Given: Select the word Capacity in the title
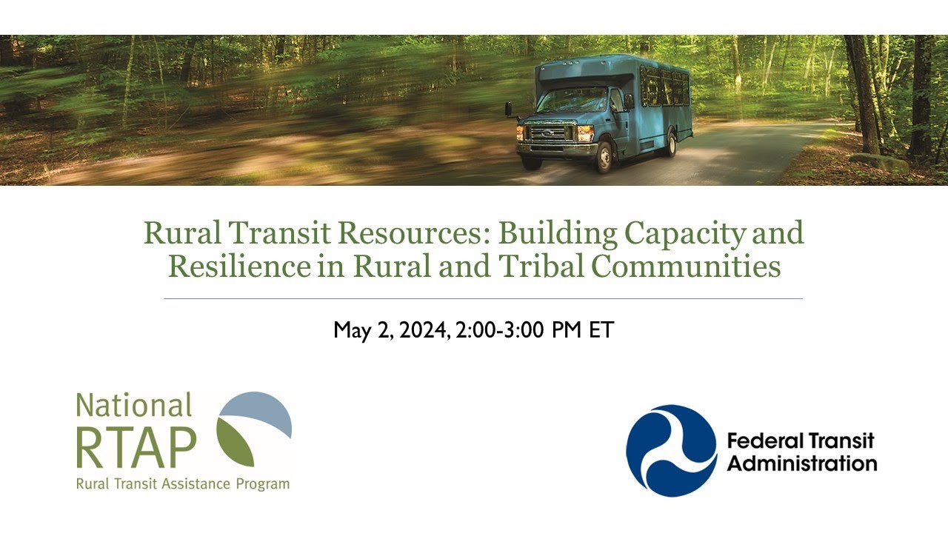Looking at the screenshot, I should click(685, 233).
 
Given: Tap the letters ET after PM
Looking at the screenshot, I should click(601, 330).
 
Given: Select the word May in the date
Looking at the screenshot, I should click(353, 330).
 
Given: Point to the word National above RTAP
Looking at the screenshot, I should click(134, 406).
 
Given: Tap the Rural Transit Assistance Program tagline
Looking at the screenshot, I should click(182, 485).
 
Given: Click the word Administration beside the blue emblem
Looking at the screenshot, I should click(801, 464).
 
